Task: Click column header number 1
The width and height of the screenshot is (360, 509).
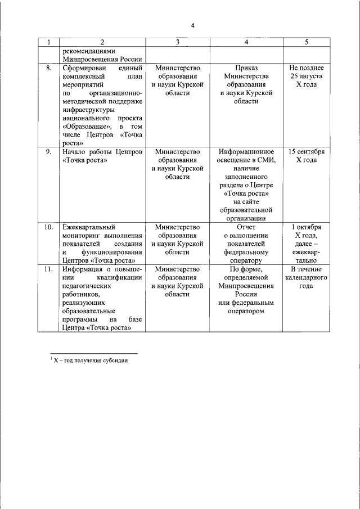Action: click(49, 43)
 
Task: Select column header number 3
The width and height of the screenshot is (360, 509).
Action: click(177, 43)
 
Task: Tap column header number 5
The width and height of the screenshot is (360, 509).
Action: click(307, 43)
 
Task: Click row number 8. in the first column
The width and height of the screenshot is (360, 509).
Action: click(49, 68)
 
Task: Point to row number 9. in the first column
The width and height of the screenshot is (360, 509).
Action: click(49, 152)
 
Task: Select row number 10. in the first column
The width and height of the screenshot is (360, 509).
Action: click(49, 227)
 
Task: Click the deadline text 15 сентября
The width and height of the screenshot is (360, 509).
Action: click(307, 152)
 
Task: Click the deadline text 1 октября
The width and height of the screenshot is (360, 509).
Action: click(307, 227)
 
